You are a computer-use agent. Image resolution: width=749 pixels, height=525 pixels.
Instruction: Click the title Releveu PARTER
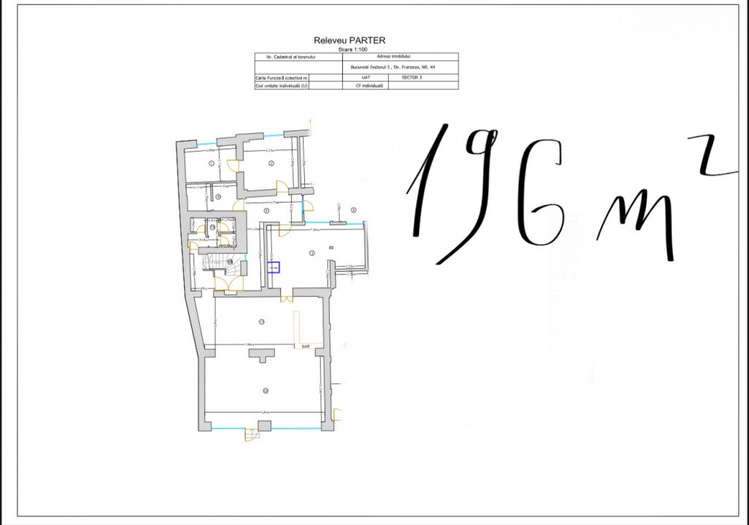(349, 41)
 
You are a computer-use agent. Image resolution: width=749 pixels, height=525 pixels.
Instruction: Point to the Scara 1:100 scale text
(349, 49)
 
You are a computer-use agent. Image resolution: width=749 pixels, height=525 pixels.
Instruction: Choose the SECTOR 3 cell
(413, 77)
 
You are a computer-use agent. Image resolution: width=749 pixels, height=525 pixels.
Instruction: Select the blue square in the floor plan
(273, 268)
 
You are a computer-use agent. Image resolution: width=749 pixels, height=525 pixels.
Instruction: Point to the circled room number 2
(271, 163)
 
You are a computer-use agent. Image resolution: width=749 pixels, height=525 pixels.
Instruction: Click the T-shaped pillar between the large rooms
(260, 354)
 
